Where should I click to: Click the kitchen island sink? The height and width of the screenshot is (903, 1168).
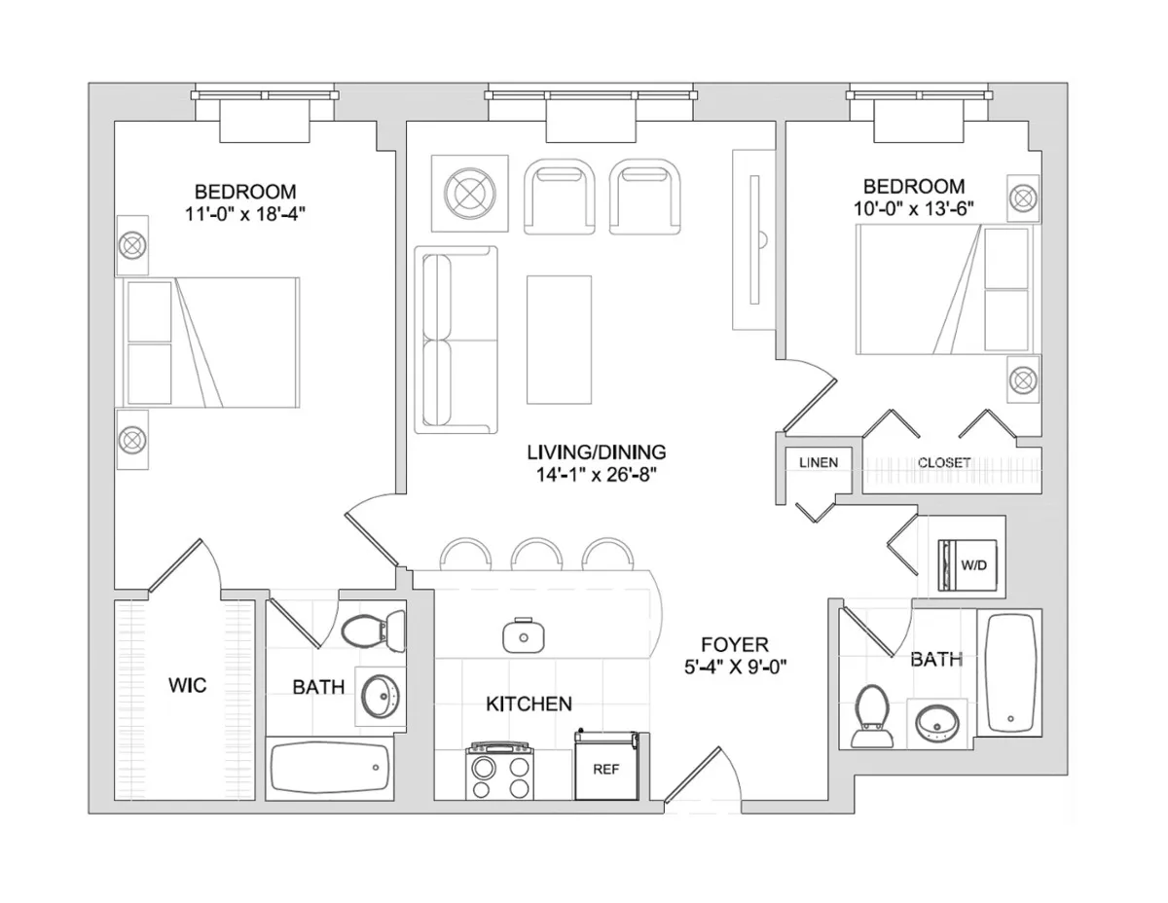[524, 635]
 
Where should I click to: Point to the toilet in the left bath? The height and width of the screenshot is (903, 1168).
[374, 629]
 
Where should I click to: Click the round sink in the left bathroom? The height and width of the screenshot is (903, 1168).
[381, 694]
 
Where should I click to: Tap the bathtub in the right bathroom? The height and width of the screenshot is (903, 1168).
[1008, 673]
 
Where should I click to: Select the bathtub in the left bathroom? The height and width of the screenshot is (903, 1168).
[329, 768]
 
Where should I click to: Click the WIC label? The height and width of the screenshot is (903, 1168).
[187, 686]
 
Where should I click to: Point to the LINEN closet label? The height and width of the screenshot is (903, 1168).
[818, 462]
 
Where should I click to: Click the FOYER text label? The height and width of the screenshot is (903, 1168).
[735, 644]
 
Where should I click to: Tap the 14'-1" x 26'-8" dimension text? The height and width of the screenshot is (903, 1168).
[596, 475]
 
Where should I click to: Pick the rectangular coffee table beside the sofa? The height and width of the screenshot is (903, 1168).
[559, 339]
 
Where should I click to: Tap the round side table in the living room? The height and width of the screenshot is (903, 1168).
[469, 192]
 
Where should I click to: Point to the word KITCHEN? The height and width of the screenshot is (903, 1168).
[529, 704]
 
